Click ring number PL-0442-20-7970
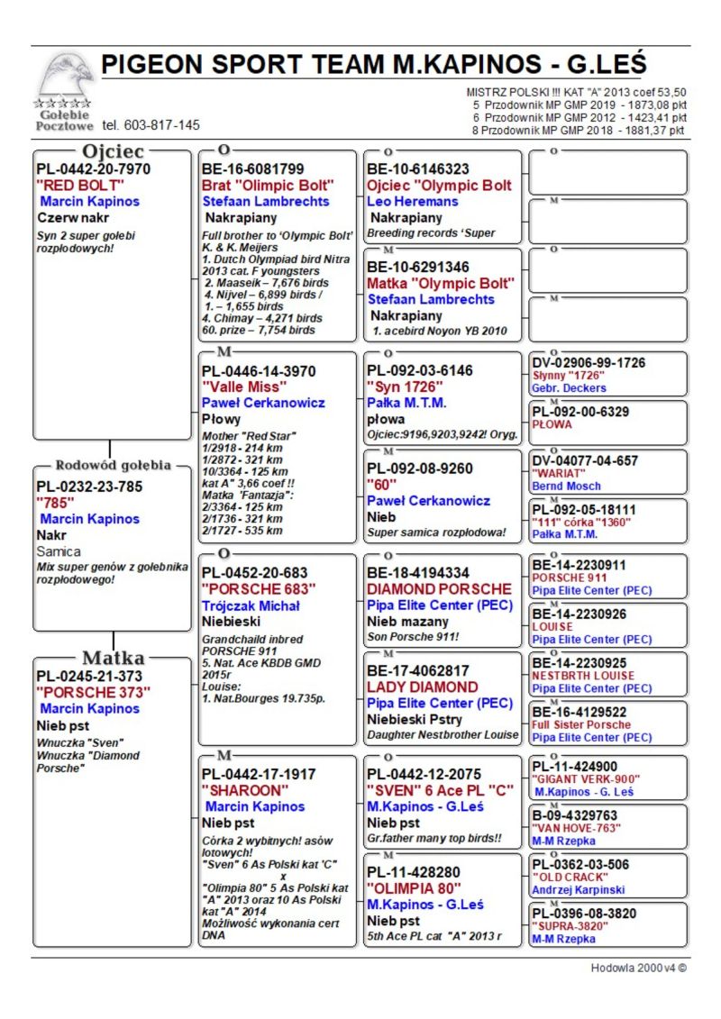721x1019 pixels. tap(94, 168)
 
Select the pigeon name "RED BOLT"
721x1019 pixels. tap(80, 185)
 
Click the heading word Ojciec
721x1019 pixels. tap(113, 151)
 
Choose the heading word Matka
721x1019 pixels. tap(113, 657)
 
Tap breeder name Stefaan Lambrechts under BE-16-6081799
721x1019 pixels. tap(266, 201)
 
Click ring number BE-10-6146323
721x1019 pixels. tap(418, 168)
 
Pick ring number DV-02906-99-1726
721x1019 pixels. tap(589, 363)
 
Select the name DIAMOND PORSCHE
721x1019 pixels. tap(439, 589)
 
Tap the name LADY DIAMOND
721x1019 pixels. tap(423, 687)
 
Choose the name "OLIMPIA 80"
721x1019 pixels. tap(414, 888)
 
